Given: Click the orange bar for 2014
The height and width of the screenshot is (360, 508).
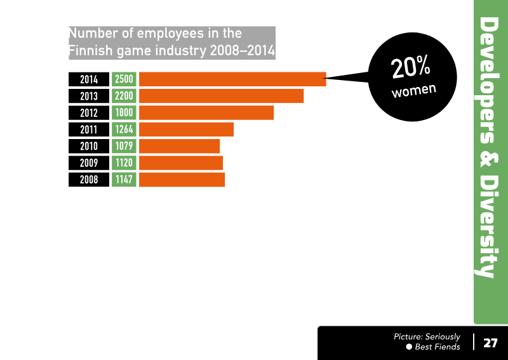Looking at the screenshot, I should tap(232, 79).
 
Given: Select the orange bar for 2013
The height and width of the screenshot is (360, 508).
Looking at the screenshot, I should tap(221, 96).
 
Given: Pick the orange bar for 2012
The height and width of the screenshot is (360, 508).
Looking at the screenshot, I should tap(206, 112).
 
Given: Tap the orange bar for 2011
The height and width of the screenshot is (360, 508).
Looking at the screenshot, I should tap(186, 130).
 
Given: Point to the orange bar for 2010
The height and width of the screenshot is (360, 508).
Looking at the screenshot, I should tap(179, 146).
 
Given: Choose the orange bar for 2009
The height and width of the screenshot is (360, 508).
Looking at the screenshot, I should tap(181, 163).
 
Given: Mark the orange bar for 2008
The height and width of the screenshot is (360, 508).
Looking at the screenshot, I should tap(182, 180).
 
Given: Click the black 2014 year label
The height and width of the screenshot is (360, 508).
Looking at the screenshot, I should tap(89, 79).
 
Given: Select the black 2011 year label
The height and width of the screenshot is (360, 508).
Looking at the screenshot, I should tap(89, 130).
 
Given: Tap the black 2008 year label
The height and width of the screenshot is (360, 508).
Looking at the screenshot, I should tap(89, 180).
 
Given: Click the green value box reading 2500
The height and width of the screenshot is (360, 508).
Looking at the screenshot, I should tap(124, 79).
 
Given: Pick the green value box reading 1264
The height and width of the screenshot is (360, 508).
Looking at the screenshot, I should tap(124, 130).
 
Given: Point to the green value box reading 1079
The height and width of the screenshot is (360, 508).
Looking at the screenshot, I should tap(124, 146).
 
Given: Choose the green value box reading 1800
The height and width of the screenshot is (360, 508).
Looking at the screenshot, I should tap(124, 112).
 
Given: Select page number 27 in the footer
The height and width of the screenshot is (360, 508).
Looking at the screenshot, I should tap(490, 343).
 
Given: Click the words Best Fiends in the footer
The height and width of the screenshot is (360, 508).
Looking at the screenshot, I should tap(438, 347).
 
